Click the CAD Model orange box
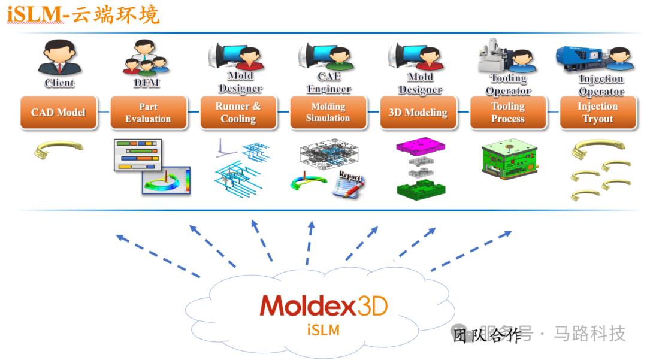[x=58, y=113]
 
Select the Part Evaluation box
[x=148, y=113]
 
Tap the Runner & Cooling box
[x=238, y=113]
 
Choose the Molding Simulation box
[x=328, y=113]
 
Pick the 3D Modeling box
[x=418, y=113]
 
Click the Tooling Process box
[x=508, y=113]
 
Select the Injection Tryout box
[x=598, y=113]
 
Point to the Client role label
[x=59, y=83]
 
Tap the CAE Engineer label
[x=329, y=83]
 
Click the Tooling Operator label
[x=509, y=84]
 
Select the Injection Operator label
[x=601, y=85]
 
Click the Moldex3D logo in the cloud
[x=323, y=305]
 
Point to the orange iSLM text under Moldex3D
[x=324, y=330]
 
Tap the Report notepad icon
[x=349, y=183]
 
